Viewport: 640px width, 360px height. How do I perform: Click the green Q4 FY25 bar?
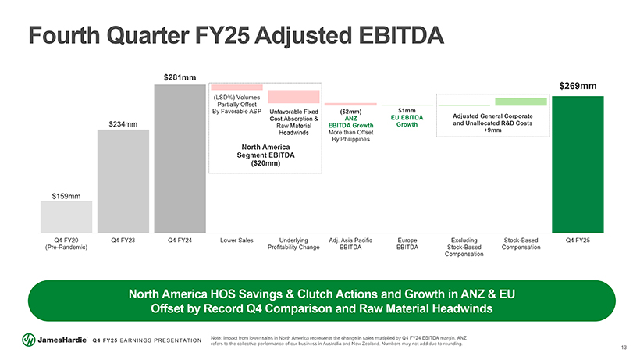[578, 164]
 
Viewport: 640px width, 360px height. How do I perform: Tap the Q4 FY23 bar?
[123, 180]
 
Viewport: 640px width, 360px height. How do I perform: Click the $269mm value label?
[578, 86]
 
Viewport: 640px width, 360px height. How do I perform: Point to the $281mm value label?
[180, 77]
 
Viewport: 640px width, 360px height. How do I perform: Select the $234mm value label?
[123, 123]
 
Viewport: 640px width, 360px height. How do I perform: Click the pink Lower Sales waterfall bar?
[237, 87]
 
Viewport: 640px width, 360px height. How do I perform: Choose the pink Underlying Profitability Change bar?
[293, 97]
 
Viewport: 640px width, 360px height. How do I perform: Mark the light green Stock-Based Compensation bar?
[521, 102]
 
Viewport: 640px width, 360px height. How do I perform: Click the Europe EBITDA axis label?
[407, 243]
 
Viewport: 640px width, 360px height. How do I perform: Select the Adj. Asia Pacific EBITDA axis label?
[350, 243]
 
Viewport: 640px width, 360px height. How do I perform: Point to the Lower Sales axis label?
[236, 239]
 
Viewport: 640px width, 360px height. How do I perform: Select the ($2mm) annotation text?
[350, 112]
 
